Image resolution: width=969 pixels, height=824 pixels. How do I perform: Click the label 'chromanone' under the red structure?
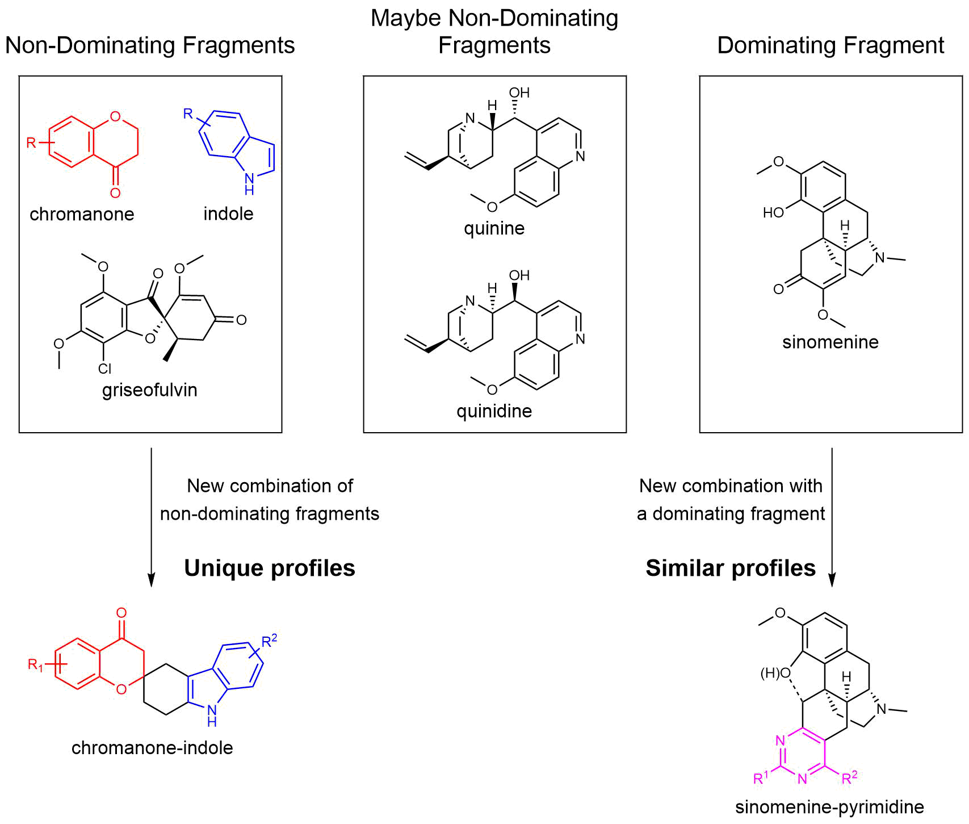tap(82, 214)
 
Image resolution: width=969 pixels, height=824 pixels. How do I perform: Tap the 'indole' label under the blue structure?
tap(228, 214)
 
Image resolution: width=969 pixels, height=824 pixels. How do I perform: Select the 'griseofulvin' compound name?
tap(150, 390)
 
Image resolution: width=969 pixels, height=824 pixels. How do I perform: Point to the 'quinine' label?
tap(494, 228)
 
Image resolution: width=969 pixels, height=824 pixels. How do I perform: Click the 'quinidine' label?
tap(494, 411)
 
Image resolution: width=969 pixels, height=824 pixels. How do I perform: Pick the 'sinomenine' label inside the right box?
tap(830, 342)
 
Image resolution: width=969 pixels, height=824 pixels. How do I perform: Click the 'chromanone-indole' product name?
tap(152, 747)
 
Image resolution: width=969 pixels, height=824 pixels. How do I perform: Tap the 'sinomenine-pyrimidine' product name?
tap(829, 807)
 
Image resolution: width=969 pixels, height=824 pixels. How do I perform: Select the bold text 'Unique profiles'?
tap(270, 568)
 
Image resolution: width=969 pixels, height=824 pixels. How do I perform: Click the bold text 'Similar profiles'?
tap(731, 568)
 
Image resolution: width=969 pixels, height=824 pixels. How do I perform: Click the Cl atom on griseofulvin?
tap(104, 369)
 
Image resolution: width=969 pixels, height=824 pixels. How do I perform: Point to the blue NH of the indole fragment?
tap(249, 183)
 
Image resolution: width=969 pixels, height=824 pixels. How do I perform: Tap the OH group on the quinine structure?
tap(519, 93)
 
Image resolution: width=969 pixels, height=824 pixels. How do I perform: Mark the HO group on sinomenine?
tap(773, 213)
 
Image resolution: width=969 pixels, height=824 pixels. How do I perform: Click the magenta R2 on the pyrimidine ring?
tap(849, 777)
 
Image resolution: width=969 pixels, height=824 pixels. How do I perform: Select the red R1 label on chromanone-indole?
tap(35, 664)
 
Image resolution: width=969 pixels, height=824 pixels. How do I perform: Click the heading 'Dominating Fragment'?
tap(830, 45)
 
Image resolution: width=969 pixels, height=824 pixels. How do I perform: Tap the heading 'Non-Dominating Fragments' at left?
tap(150, 45)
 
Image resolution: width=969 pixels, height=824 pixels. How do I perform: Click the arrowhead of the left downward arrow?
tap(151, 580)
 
